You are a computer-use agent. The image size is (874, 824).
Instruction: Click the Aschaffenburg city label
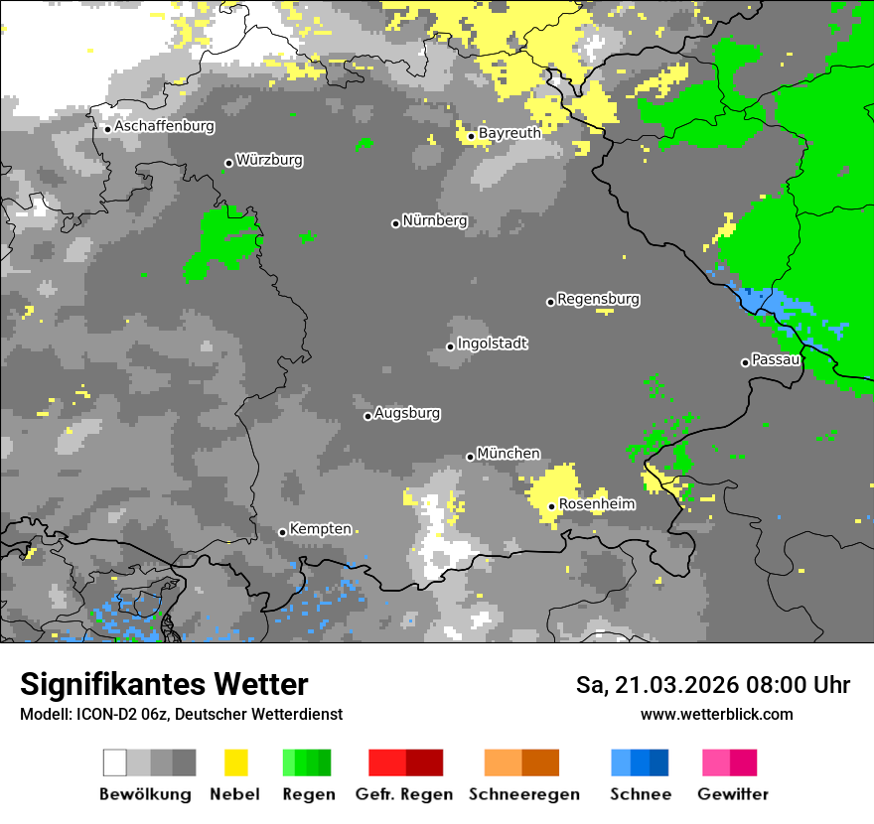tap(164, 127)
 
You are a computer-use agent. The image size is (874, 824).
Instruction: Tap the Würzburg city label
tap(269, 160)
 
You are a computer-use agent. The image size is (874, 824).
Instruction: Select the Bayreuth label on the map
tap(510, 133)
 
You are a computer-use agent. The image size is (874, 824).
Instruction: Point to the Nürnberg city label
tap(435, 221)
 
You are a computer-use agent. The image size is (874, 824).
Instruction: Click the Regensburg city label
tap(598, 299)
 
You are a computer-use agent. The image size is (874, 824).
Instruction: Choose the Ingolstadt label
tap(493, 344)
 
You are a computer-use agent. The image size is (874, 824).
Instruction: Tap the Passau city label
tap(776, 359)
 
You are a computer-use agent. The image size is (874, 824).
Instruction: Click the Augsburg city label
tap(407, 414)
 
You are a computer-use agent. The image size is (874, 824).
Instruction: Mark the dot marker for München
tap(471, 457)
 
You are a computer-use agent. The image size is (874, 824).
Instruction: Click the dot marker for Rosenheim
tap(552, 506)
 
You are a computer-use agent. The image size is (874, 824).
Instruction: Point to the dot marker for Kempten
tap(283, 532)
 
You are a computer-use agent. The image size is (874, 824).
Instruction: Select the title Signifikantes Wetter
tap(164, 685)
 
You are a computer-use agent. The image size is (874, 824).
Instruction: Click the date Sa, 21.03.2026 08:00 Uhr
tap(713, 685)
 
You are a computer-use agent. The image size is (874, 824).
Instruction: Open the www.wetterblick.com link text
tap(716, 714)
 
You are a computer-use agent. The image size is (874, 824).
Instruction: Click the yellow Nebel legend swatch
tap(235, 762)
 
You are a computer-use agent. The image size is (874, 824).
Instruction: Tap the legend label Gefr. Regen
tap(404, 794)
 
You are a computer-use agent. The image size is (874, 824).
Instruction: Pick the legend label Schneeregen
tap(524, 794)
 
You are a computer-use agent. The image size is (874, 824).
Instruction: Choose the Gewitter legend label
tap(732, 794)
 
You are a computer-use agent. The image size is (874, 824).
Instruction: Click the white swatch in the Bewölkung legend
tap(115, 762)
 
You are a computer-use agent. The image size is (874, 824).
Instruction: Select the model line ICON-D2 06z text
tap(181, 714)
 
